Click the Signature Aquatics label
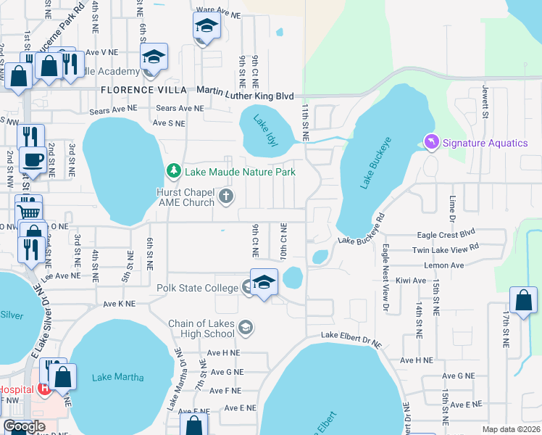pos(486,143)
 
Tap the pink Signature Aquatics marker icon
pos(432,143)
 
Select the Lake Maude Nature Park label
pos(240,172)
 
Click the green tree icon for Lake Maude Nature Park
pos(174,172)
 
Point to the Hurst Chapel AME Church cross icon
pos(227,196)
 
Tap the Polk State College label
pos(198,288)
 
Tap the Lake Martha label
pos(118,377)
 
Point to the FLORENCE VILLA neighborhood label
pos(138,90)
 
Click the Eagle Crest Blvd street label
pos(447,234)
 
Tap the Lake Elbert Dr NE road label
pos(351,335)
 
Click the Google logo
pos(24,426)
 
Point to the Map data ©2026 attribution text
pos(510,429)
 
